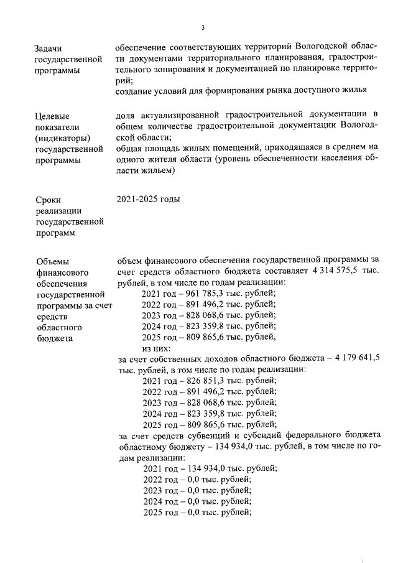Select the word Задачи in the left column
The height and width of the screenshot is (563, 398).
(50, 49)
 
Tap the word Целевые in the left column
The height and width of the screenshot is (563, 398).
(53, 116)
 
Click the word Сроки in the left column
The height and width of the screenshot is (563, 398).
(49, 200)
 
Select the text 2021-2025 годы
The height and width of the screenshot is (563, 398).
(148, 200)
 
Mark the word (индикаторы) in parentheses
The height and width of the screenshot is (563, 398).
(64, 138)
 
